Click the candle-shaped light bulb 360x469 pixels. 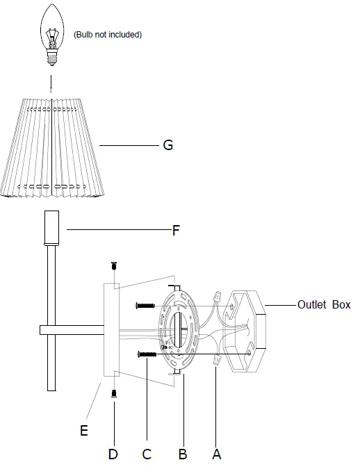(x=51, y=32)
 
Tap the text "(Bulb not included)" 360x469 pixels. (x=108, y=34)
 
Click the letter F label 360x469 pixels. (x=177, y=230)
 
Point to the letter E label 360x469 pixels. (x=84, y=431)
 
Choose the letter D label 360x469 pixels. (x=113, y=454)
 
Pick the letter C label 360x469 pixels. (x=147, y=454)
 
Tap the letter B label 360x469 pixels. (x=182, y=454)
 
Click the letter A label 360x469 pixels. (x=216, y=454)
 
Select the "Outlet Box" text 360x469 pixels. (x=324, y=304)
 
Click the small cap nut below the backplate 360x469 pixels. (x=113, y=393)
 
